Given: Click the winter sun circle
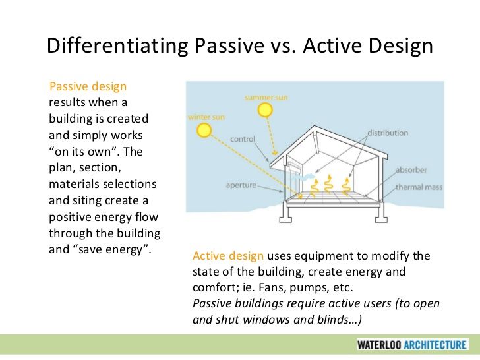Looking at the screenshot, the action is (x=204, y=130).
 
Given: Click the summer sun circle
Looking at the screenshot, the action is (x=265, y=110).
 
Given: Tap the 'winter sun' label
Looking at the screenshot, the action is (x=206, y=117).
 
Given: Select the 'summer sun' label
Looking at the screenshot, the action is (x=266, y=98).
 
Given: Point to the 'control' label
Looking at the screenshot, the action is (x=243, y=139).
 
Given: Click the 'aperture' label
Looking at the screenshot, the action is (x=241, y=185).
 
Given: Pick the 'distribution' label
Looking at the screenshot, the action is (x=388, y=133).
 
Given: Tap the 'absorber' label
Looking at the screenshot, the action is (x=411, y=170).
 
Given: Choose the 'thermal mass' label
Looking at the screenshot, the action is (x=419, y=187).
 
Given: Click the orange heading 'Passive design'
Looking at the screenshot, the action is (x=88, y=86).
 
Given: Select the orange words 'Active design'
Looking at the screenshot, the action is (x=228, y=256).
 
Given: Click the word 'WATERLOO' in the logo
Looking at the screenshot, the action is (x=379, y=345).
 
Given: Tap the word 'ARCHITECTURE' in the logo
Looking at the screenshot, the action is (x=435, y=345).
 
